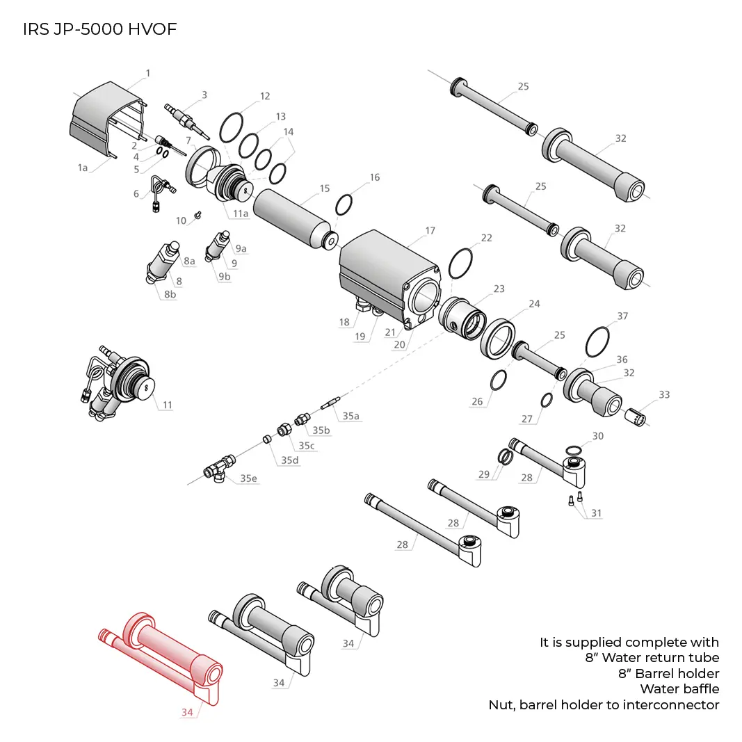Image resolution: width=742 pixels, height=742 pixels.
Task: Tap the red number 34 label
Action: click(x=187, y=712)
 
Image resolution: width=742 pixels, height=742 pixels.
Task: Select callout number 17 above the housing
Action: click(x=430, y=231)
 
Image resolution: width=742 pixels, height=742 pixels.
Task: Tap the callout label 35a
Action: click(x=350, y=416)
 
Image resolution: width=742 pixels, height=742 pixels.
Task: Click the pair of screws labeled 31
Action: click(x=576, y=499)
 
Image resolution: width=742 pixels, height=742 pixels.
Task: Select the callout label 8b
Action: click(x=170, y=294)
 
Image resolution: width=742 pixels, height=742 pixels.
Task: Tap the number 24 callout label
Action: click(x=534, y=304)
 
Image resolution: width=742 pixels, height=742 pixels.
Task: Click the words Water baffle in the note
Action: click(x=679, y=689)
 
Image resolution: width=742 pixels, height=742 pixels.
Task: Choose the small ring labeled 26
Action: click(x=498, y=380)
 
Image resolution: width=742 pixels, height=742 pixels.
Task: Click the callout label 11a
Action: click(x=241, y=213)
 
